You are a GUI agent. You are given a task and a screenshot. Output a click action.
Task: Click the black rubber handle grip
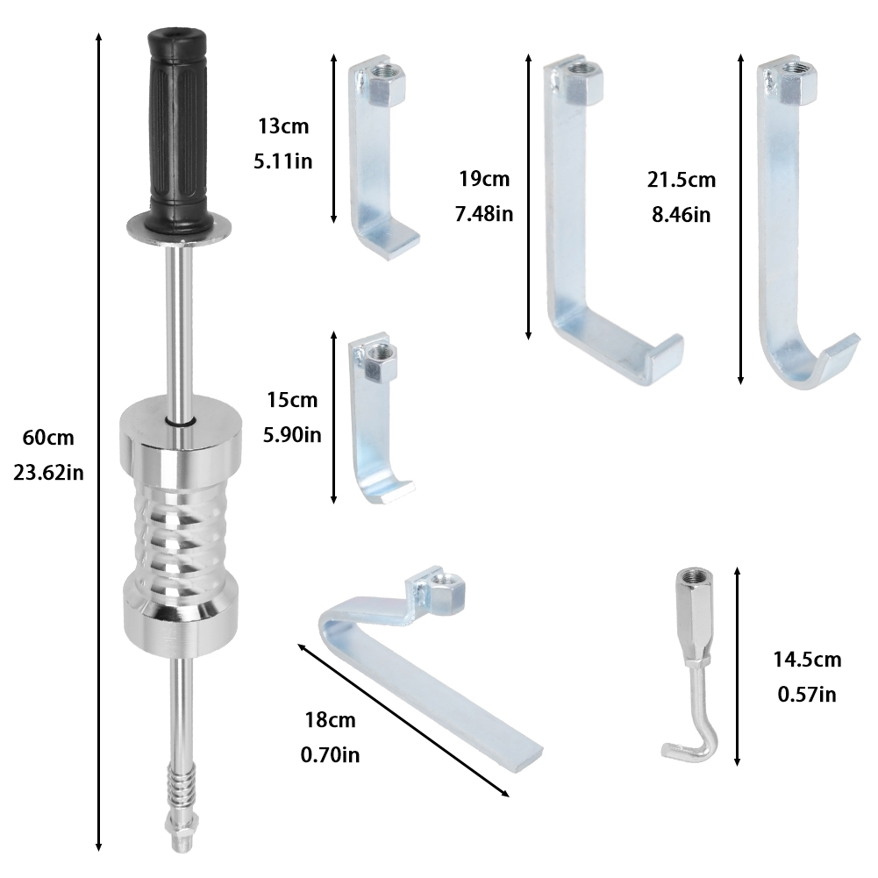177,129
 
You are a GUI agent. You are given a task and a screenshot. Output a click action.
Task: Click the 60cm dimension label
48,438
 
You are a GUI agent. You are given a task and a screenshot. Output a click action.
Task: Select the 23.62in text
48,473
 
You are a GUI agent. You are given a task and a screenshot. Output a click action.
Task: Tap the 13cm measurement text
283,126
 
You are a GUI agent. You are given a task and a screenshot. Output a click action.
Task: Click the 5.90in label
292,434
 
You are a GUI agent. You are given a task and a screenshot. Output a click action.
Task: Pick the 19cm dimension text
484,179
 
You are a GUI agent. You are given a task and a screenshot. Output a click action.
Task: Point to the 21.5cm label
682,180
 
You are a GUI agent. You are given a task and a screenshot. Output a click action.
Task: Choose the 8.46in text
681,215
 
